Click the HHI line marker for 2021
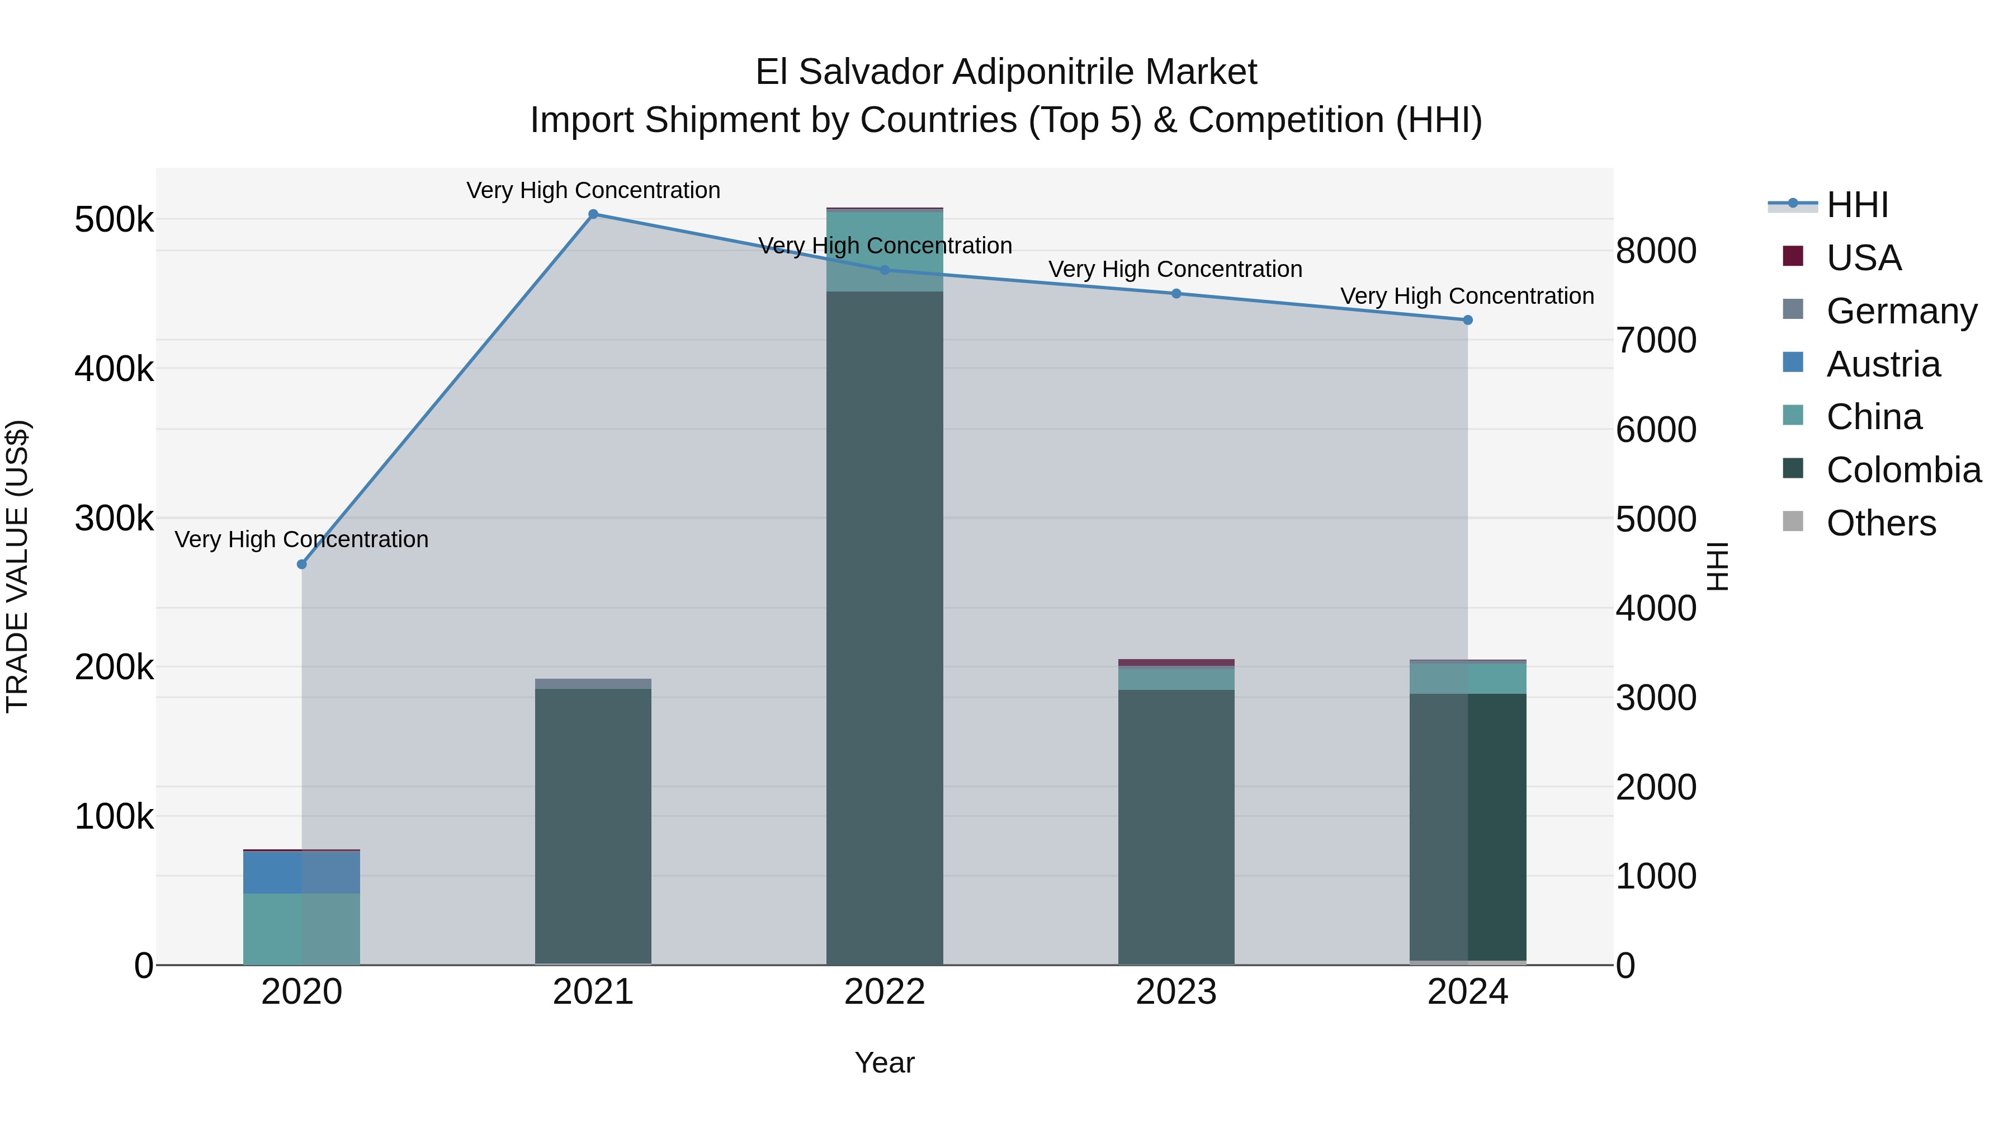[x=593, y=214]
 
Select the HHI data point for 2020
[x=301, y=564]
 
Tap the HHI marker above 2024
[x=1468, y=320]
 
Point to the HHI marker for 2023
[x=1176, y=293]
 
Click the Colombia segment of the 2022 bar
[x=885, y=626]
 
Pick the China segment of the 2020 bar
[x=301, y=928]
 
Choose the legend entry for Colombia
[x=1903, y=470]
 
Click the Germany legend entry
[x=1901, y=311]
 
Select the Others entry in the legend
[x=1881, y=523]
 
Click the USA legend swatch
[x=1793, y=256]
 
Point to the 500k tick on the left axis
[x=114, y=220]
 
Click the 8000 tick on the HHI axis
[x=1656, y=251]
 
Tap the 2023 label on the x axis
[x=1176, y=992]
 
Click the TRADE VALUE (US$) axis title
[x=17, y=566]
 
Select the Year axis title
[x=885, y=1063]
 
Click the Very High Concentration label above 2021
[x=593, y=190]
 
